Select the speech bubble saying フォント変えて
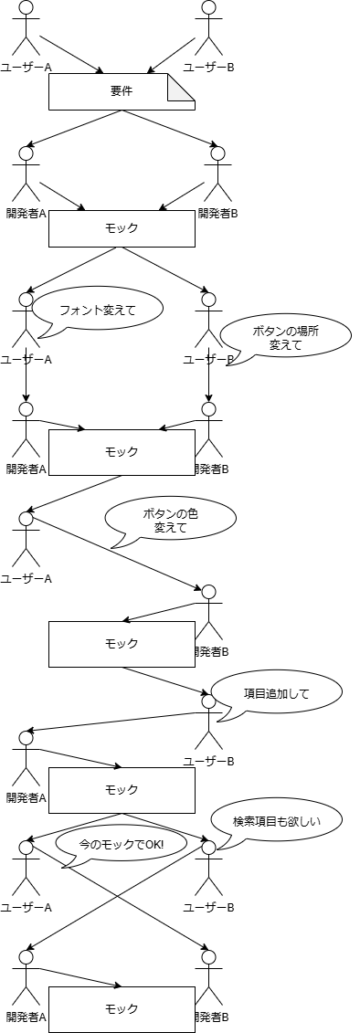click(98, 310)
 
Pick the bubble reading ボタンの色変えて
click(170, 521)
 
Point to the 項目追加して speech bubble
click(276, 693)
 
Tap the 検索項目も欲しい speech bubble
click(276, 821)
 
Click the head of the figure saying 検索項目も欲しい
click(208, 847)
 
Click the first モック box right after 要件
click(122, 228)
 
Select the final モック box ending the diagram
click(122, 1009)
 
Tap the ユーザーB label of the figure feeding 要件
click(208, 67)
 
